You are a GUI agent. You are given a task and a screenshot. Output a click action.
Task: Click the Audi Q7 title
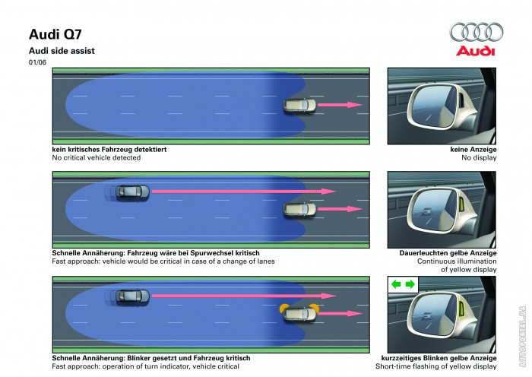click(x=55, y=34)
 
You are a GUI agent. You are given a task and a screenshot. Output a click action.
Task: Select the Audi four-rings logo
click(x=477, y=32)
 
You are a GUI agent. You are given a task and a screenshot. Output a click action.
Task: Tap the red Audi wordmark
click(x=475, y=51)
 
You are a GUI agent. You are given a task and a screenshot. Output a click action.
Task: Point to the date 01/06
click(x=37, y=62)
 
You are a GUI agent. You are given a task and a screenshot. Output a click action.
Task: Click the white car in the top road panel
click(x=299, y=105)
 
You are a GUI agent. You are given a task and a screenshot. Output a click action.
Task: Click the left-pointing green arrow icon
click(x=396, y=284)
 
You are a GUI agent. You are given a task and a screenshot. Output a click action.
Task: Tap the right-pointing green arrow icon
click(x=410, y=284)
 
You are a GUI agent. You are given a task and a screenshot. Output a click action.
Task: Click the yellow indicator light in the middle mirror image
click(x=462, y=204)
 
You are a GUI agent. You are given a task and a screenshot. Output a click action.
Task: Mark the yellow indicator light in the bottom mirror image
click(x=462, y=309)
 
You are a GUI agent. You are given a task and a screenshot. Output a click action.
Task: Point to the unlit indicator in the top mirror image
click(x=462, y=100)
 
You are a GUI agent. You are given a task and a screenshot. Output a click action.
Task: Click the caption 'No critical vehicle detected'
click(x=97, y=158)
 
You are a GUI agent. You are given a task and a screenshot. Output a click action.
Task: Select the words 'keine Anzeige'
click(x=473, y=149)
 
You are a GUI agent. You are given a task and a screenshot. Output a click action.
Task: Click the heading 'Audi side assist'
click(x=62, y=51)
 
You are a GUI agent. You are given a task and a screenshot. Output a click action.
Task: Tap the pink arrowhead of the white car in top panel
click(x=355, y=105)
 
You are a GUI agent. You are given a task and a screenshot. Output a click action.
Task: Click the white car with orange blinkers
click(x=299, y=313)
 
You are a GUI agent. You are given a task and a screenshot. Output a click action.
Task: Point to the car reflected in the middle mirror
click(x=426, y=212)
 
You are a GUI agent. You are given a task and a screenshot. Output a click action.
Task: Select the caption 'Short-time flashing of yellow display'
click(x=436, y=366)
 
